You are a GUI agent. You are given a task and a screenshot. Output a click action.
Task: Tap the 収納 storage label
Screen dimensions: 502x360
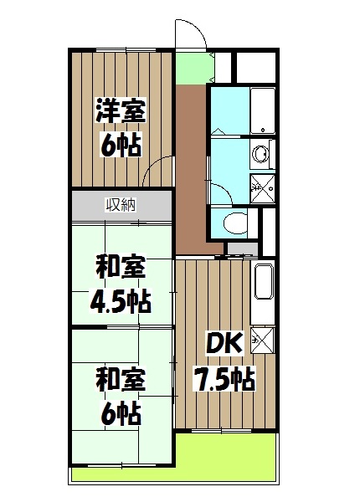tap(121, 203)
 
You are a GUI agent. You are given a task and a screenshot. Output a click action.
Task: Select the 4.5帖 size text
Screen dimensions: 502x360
tap(121, 299)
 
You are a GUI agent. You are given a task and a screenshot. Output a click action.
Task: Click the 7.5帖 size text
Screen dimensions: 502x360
tap(224, 379)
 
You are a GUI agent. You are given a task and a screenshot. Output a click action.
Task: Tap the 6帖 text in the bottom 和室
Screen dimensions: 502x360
tap(121, 412)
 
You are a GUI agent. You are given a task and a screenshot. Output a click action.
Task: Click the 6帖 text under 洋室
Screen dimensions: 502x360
tap(121, 144)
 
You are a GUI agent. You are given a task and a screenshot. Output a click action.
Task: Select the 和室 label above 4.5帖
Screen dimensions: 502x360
tap(121, 268)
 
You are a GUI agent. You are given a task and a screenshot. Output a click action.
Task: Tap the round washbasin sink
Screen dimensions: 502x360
tap(261, 155)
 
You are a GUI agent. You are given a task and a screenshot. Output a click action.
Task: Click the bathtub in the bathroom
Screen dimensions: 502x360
tap(263, 110)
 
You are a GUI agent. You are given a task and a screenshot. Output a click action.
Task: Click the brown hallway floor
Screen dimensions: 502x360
tap(191, 167)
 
